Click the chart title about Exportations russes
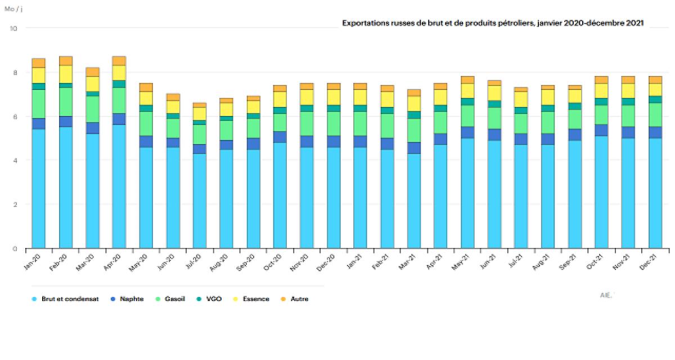tap(493, 22)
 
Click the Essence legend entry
tap(255, 299)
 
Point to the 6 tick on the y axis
tap(15, 116)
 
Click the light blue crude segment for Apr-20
tap(119, 186)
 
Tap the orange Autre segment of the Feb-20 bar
tap(66, 61)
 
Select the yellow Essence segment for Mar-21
tap(414, 103)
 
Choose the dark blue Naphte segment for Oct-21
tap(601, 130)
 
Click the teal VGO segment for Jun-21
tap(494, 104)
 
